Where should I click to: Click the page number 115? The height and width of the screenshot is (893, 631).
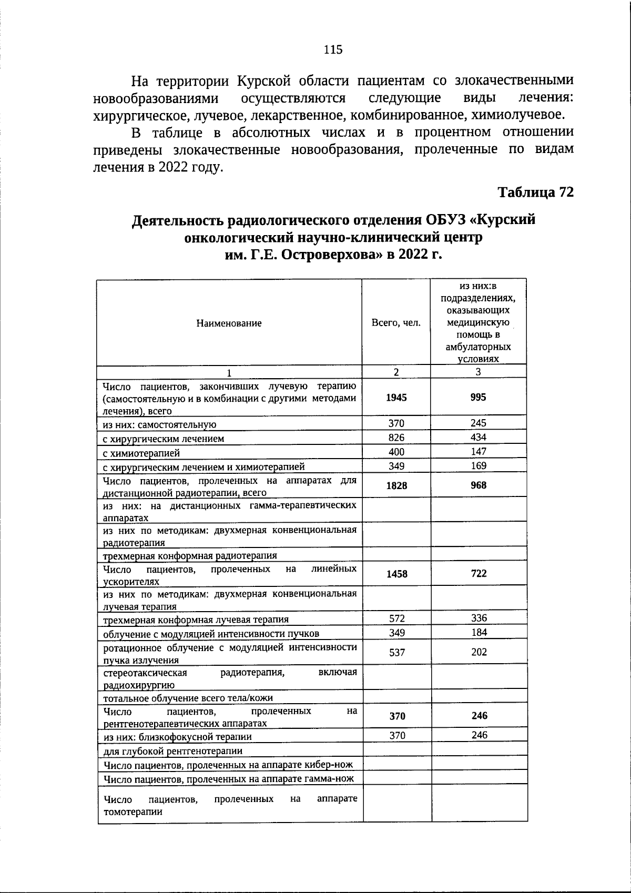pyautogui.click(x=333, y=49)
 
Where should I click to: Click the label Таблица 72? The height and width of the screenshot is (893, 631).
pyautogui.click(x=535, y=192)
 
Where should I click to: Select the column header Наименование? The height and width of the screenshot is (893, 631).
pyautogui.click(x=229, y=323)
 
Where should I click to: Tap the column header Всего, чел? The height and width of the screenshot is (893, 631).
pyautogui.click(x=396, y=323)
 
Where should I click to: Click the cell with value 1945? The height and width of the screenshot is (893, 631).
pyautogui.click(x=396, y=398)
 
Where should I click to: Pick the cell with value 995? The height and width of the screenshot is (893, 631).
pyautogui.click(x=478, y=398)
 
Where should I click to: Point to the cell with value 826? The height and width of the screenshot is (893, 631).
pyautogui.click(x=396, y=437)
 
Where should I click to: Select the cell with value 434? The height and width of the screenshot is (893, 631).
pyautogui.click(x=478, y=437)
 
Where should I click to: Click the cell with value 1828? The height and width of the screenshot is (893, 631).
pyautogui.click(x=396, y=485)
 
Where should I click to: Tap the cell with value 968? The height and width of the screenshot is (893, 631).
pyautogui.click(x=478, y=485)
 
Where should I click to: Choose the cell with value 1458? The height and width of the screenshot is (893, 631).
pyautogui.click(x=396, y=574)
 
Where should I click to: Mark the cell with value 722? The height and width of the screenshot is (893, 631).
pyautogui.click(x=478, y=574)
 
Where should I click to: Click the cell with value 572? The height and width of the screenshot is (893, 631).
pyautogui.click(x=396, y=618)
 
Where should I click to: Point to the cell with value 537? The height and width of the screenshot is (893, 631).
pyautogui.click(x=396, y=652)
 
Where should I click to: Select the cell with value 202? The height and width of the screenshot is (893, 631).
pyautogui.click(x=478, y=652)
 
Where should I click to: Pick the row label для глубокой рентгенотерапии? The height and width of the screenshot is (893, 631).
pyautogui.click(x=173, y=751)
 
